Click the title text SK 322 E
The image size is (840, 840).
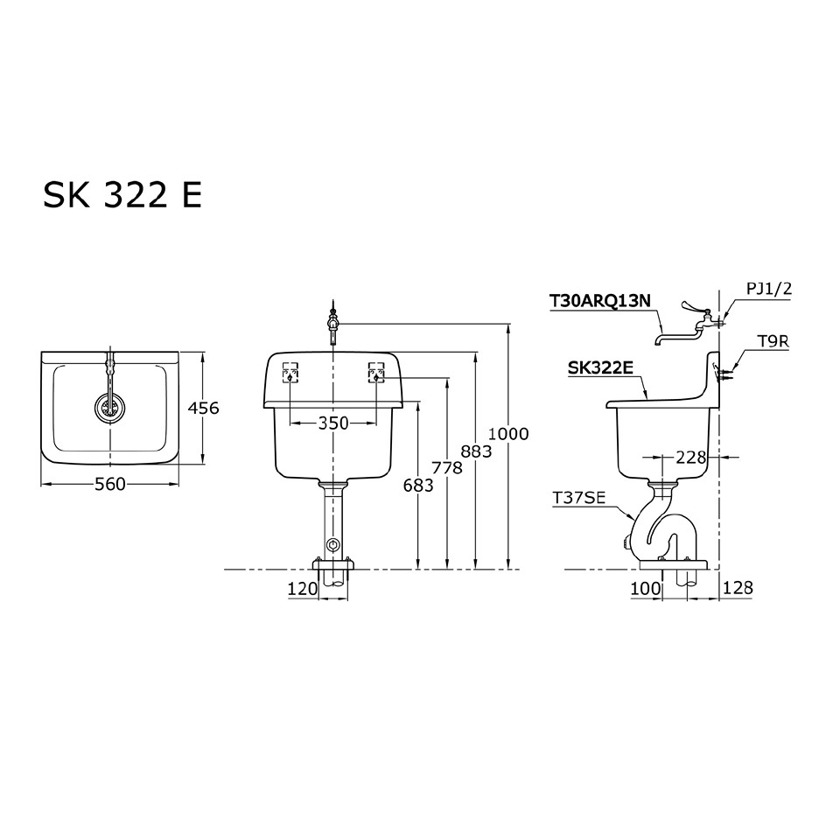(122, 195)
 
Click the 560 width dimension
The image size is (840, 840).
(110, 484)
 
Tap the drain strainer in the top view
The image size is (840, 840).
(110, 407)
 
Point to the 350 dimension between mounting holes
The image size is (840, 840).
(332, 423)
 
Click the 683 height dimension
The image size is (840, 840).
(419, 485)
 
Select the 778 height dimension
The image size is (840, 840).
(447, 468)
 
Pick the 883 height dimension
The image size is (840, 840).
(477, 451)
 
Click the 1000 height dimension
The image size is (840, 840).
(508, 433)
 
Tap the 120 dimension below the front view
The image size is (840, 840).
(302, 589)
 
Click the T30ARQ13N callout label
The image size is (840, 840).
(600, 301)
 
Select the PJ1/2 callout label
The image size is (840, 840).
(767, 288)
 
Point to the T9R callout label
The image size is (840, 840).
(772, 342)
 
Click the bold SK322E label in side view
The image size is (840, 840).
(599, 368)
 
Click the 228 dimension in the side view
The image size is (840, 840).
(691, 456)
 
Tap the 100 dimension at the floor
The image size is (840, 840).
(646, 589)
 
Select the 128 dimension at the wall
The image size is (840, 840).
(738, 589)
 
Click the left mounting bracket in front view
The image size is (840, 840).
(290, 374)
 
